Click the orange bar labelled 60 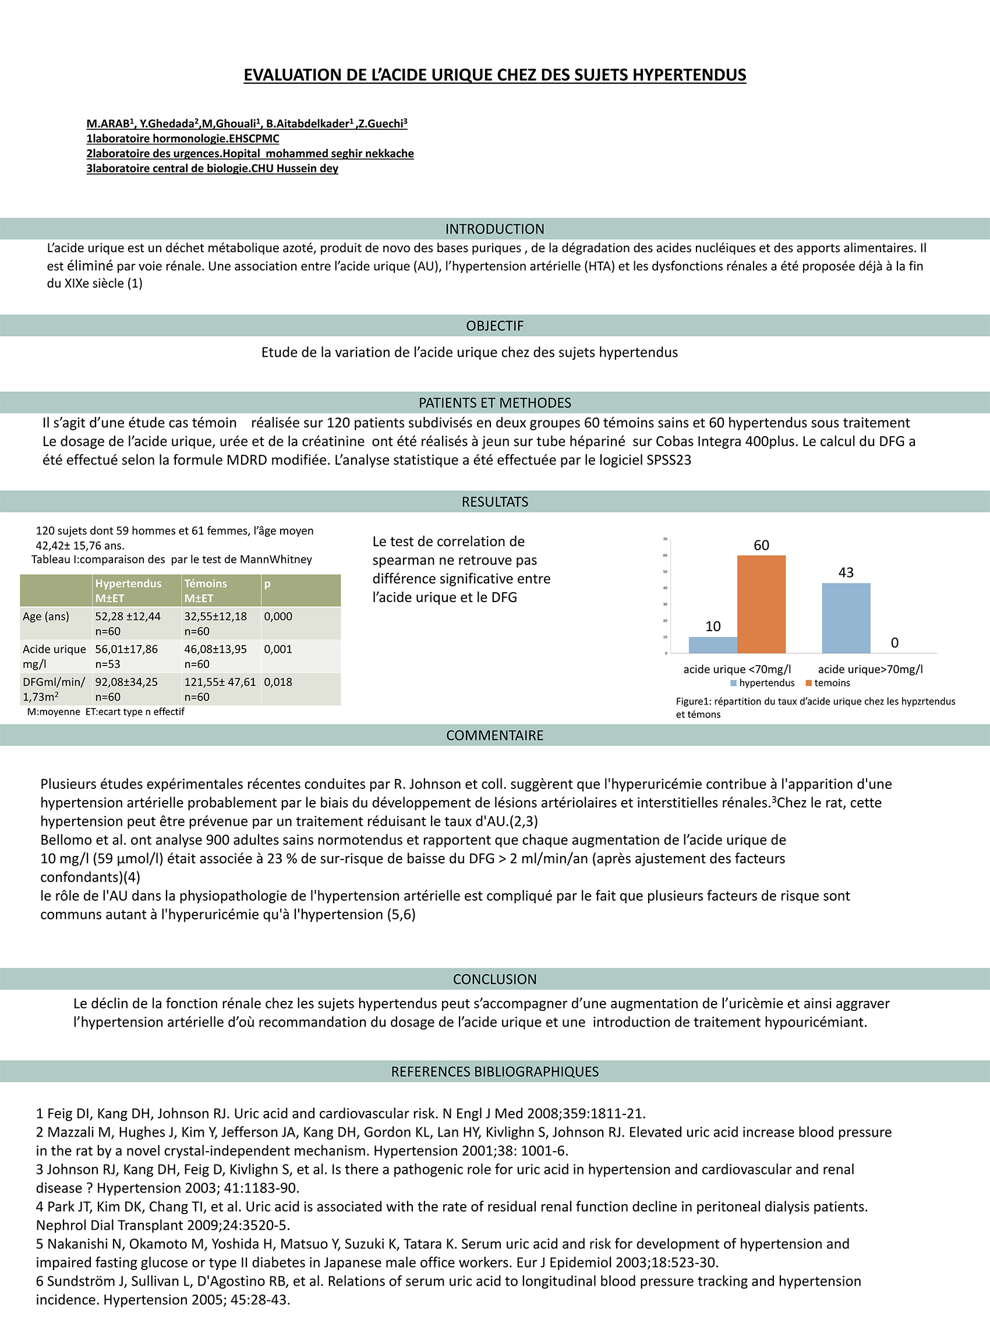pyautogui.click(x=761, y=604)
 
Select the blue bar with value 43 pyautogui.click(x=846, y=618)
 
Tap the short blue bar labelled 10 pyautogui.click(x=713, y=645)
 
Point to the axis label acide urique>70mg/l pyautogui.click(x=870, y=669)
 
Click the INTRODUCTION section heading pyautogui.click(x=494, y=229)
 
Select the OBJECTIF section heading pyautogui.click(x=494, y=326)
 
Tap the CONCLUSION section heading pyautogui.click(x=494, y=979)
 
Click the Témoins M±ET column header pyautogui.click(x=206, y=590)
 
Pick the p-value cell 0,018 pyautogui.click(x=278, y=682)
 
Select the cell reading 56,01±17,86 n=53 pyautogui.click(x=126, y=656)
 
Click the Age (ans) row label pyautogui.click(x=46, y=617)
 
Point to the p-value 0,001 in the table pyautogui.click(x=278, y=649)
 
